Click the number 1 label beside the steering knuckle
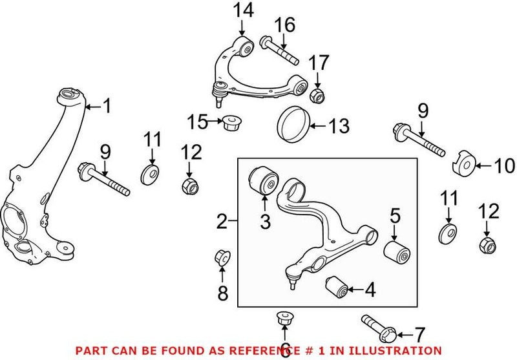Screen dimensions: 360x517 pos(107,105)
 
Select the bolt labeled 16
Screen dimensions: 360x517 pos(279,50)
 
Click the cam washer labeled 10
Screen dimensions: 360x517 pos(465,164)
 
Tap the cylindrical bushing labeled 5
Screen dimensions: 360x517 pos(398,249)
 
